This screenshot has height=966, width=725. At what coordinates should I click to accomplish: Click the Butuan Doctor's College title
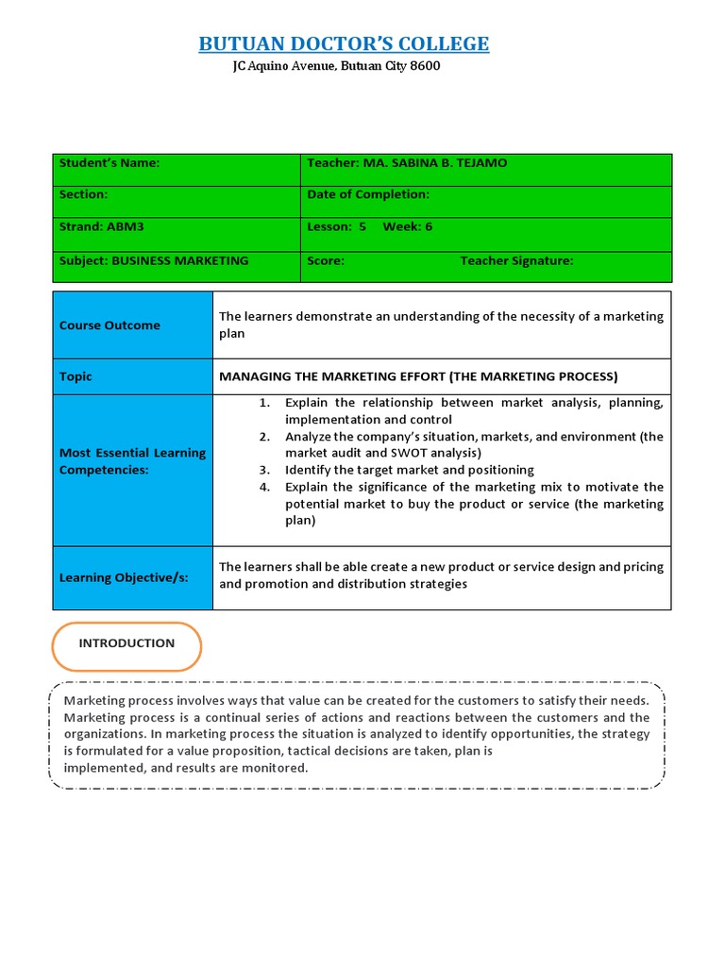coord(344,43)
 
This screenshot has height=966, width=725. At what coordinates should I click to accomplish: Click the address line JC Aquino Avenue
coord(336,66)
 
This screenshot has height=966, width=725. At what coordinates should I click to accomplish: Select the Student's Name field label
coord(110,163)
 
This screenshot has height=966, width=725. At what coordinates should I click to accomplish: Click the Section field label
coord(84,194)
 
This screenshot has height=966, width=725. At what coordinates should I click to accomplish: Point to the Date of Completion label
coord(368,194)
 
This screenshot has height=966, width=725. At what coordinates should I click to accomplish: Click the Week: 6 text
coord(407,227)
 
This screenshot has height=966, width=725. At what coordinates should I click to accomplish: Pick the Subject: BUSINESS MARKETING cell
coord(154,261)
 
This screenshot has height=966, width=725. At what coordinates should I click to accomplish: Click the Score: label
coord(326,261)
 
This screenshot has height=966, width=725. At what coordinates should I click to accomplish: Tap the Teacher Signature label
coord(516,261)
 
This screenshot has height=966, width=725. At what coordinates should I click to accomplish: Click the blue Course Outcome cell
coord(110,325)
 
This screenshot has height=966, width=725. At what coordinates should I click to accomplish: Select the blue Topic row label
coord(76,376)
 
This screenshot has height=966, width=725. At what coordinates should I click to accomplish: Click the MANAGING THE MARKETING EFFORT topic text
coord(418,376)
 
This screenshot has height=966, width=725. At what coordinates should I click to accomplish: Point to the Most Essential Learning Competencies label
coord(132,461)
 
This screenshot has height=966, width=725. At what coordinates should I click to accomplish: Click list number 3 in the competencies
coord(265,470)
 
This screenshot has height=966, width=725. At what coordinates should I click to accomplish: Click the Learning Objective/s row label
coord(124,577)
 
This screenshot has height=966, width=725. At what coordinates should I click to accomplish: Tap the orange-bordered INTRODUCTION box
coord(126,645)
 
